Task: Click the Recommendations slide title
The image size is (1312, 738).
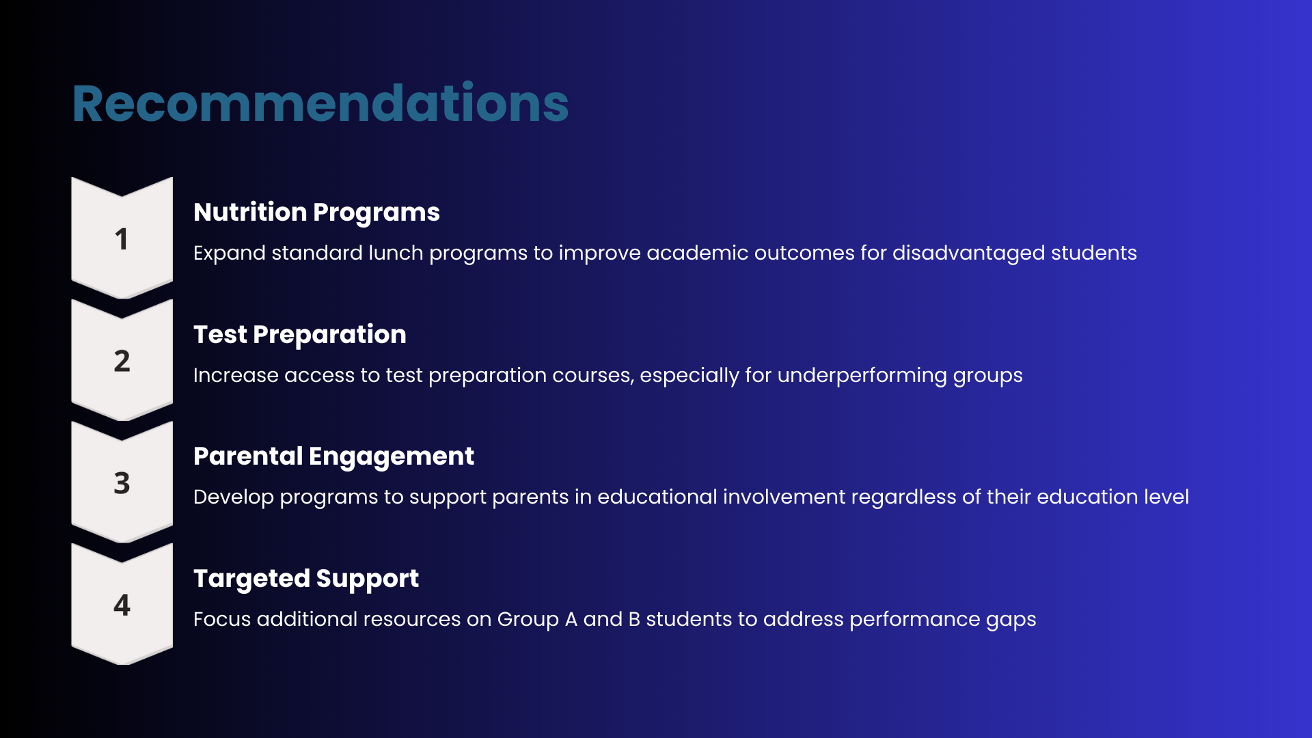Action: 320,103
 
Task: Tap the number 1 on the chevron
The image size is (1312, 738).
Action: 122,239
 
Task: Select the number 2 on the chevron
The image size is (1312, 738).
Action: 122,361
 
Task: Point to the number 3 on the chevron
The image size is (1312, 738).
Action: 122,483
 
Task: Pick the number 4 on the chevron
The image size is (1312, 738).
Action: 122,605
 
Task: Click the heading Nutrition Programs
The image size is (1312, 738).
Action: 316,213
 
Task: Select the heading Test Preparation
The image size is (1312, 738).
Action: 300,335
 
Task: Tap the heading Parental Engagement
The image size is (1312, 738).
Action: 333,456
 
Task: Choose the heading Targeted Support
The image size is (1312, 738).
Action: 306,579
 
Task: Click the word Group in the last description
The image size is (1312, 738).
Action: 528,620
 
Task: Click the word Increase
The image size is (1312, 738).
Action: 236,375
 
